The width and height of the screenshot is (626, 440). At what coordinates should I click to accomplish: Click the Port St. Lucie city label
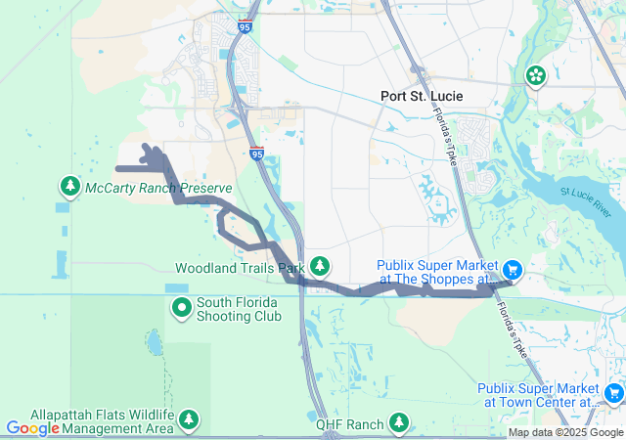point(422,96)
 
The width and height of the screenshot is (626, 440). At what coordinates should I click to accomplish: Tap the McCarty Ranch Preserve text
point(158,188)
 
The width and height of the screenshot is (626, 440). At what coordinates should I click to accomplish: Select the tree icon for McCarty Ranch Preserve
point(70,185)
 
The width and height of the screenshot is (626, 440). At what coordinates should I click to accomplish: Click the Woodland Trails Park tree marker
point(320,266)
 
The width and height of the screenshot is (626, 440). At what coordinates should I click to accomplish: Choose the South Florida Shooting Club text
point(239,308)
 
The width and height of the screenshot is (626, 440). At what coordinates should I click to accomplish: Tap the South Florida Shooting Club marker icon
point(182,308)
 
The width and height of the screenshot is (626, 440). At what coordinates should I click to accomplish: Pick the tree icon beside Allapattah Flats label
point(189,420)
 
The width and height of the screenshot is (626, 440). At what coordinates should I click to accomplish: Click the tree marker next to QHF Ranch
point(398,422)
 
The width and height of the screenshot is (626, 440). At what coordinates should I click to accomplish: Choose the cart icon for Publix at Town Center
point(613,393)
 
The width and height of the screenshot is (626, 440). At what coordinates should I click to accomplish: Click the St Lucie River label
point(585,197)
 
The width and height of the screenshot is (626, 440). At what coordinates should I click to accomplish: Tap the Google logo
point(33,427)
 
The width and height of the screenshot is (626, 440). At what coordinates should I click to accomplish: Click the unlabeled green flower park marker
point(536,75)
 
